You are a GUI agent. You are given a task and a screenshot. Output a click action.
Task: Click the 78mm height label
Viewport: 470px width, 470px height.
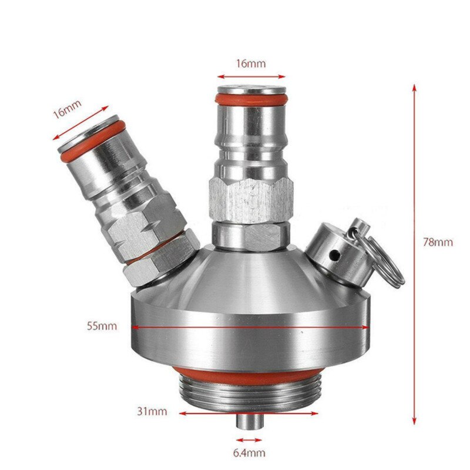[x=440, y=242]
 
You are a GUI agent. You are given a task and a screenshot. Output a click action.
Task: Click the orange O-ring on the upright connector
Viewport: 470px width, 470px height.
[x=251, y=98]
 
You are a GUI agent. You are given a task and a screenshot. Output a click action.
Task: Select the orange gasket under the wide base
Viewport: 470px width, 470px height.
[x=247, y=375]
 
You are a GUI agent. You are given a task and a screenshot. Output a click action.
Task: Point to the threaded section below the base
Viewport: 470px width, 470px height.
[x=247, y=395]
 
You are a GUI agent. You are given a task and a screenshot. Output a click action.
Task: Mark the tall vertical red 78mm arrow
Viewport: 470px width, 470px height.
[x=414, y=253]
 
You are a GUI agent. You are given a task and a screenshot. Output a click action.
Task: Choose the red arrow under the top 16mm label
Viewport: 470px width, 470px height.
[x=251, y=76]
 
